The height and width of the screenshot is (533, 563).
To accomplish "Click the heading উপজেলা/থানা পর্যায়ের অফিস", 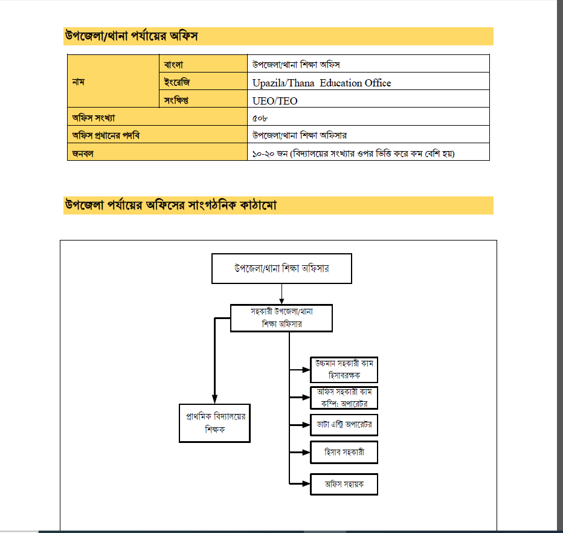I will (132, 36).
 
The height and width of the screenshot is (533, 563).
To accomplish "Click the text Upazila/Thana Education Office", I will (322, 83).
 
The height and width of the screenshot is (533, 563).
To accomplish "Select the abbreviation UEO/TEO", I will (275, 101).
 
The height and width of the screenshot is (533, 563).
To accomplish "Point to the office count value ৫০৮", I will (260, 118).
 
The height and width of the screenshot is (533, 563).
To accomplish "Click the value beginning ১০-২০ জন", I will (353, 153).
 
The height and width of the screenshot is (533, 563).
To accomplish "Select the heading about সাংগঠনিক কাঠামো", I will (170, 205).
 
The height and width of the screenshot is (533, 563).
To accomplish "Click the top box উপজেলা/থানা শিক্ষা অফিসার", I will (281, 268).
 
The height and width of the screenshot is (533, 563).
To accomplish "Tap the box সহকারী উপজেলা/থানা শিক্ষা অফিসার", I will (281, 317).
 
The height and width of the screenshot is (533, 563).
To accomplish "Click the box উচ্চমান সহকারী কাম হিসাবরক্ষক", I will (344, 370).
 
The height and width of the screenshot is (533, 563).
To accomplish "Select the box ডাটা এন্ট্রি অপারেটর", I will (344, 424).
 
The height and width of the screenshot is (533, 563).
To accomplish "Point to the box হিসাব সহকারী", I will (344, 451).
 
